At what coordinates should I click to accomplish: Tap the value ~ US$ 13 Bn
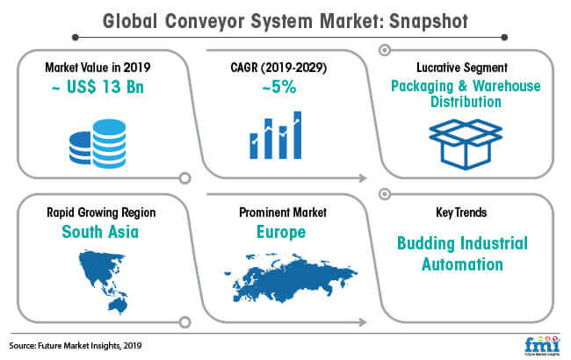(x=98, y=87)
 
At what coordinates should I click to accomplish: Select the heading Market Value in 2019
(x=98, y=68)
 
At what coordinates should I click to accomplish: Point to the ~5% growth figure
(x=279, y=87)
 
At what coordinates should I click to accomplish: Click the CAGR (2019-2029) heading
(x=278, y=68)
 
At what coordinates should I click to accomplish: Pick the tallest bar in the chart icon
(x=298, y=135)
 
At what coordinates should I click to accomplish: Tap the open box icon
(x=466, y=144)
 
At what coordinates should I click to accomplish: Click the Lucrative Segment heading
(x=462, y=68)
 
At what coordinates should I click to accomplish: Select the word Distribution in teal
(x=466, y=102)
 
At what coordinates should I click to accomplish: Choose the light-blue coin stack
(x=109, y=143)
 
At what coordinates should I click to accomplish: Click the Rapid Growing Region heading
(x=101, y=212)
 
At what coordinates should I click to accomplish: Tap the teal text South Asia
(x=100, y=232)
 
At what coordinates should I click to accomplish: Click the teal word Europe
(x=281, y=232)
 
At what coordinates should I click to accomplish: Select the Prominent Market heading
(x=283, y=212)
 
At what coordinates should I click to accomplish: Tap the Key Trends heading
(x=461, y=212)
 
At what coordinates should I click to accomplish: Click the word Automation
(x=462, y=264)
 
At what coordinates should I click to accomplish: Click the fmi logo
(x=542, y=345)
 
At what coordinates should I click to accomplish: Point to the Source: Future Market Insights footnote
(x=76, y=345)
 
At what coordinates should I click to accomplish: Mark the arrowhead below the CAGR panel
(x=363, y=178)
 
